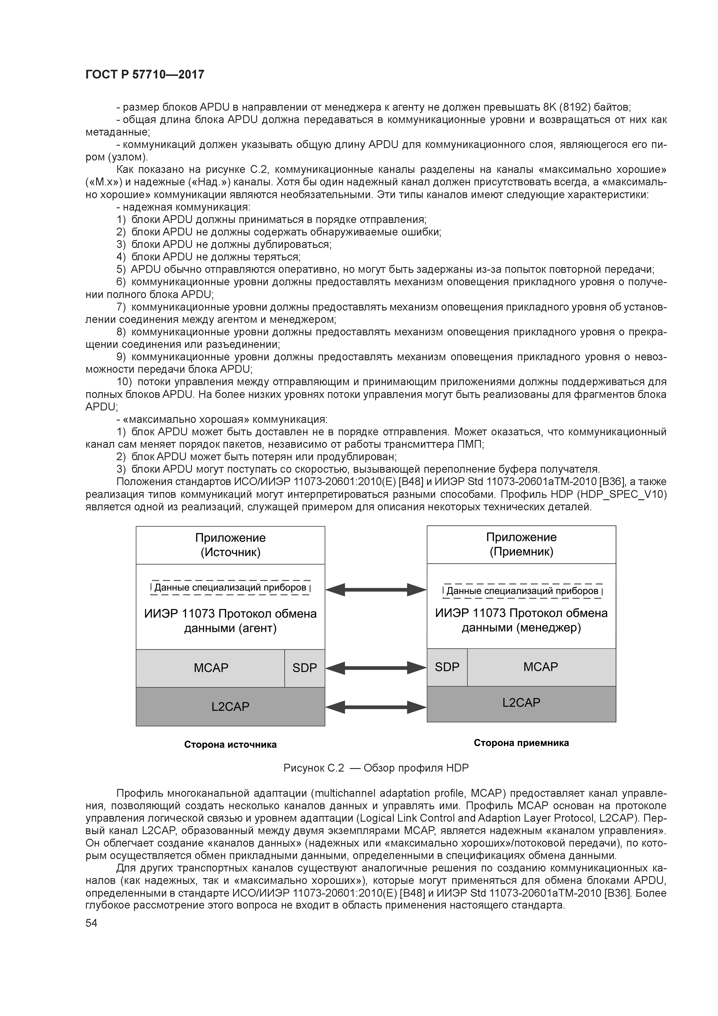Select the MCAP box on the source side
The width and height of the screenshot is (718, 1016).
[210, 668]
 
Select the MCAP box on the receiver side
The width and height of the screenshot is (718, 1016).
[541, 667]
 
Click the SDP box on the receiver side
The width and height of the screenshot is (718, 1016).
[447, 667]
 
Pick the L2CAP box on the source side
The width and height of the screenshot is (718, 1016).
[230, 707]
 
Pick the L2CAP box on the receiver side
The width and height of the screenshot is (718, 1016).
[521, 703]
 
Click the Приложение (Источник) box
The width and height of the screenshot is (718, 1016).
[230, 545]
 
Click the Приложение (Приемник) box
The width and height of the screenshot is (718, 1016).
[521, 544]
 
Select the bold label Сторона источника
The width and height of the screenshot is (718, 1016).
[230, 745]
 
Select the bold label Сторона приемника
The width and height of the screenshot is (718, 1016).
[521, 743]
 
